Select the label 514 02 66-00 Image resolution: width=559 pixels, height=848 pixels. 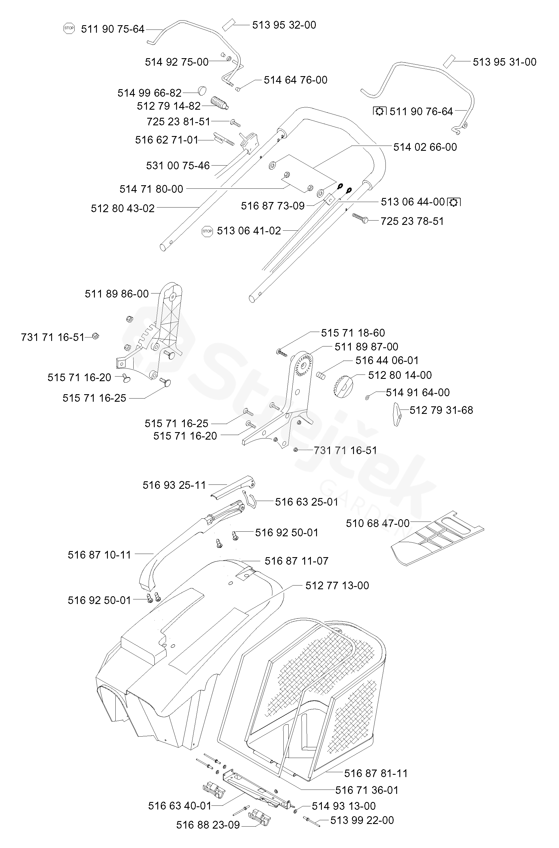point(425,147)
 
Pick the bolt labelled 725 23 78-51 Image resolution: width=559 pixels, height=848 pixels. point(360,218)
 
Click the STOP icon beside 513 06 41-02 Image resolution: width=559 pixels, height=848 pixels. point(207,231)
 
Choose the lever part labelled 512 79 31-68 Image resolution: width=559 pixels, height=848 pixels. point(397,414)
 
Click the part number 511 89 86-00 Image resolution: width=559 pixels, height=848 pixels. point(117,293)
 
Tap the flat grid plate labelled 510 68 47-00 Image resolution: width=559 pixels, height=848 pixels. point(438,538)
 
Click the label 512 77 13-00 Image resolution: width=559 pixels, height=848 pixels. point(337,585)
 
